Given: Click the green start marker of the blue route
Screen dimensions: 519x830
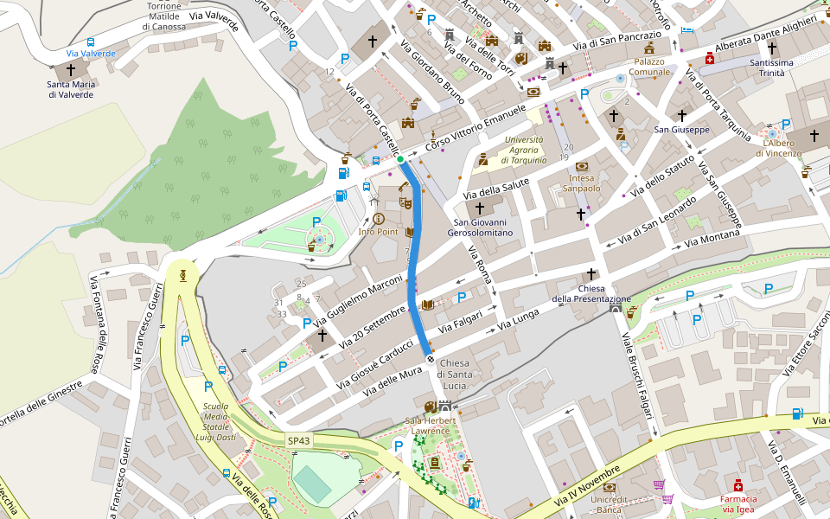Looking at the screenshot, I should pyautogui.click(x=399, y=160).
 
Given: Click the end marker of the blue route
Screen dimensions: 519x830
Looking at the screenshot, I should pyautogui.click(x=430, y=357).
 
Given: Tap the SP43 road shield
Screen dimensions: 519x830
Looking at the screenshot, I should pyautogui.click(x=299, y=441).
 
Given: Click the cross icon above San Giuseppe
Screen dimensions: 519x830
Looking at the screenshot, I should pyautogui.click(x=681, y=114).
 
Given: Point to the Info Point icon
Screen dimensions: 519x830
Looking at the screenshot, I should pyautogui.click(x=378, y=219).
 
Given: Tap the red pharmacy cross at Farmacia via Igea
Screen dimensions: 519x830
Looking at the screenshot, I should pyautogui.click(x=738, y=485).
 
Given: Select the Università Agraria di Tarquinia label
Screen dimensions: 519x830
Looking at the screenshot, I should pyautogui.click(x=524, y=150).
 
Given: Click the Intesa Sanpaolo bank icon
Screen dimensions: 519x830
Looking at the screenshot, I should pyautogui.click(x=582, y=166).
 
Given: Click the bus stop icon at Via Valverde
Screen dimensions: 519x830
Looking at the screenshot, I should pyautogui.click(x=91, y=42).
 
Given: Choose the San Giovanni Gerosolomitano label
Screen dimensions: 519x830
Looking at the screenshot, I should pyautogui.click(x=480, y=227).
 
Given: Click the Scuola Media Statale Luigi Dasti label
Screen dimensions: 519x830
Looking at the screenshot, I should pyautogui.click(x=216, y=421).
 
